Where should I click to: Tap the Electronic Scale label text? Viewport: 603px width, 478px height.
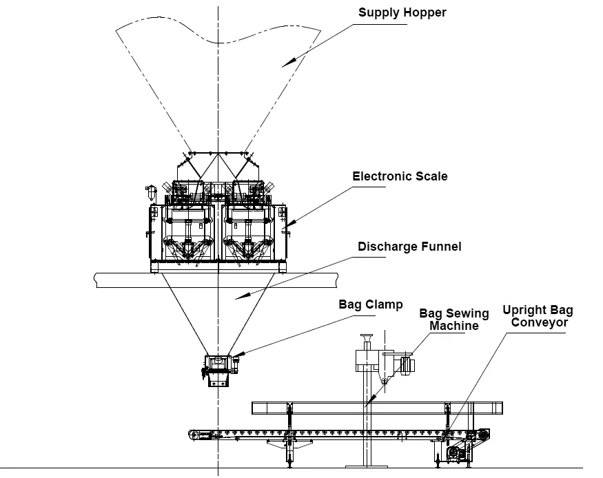coord(400,176)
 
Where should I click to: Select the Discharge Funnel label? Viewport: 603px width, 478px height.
coord(409,246)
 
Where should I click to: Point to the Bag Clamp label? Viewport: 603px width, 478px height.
coord(370,304)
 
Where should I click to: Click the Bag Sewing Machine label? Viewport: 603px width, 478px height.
coord(454,319)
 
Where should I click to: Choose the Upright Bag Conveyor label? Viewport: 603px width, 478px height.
coord(538,316)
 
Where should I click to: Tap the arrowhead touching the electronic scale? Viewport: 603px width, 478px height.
coord(285,225)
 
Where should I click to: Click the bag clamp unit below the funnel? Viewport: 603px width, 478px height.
coord(220,368)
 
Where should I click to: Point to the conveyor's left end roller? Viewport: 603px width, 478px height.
coord(196,433)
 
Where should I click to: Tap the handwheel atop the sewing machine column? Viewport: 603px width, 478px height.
coord(366,337)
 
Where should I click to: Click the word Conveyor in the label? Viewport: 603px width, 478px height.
coord(539,322)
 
